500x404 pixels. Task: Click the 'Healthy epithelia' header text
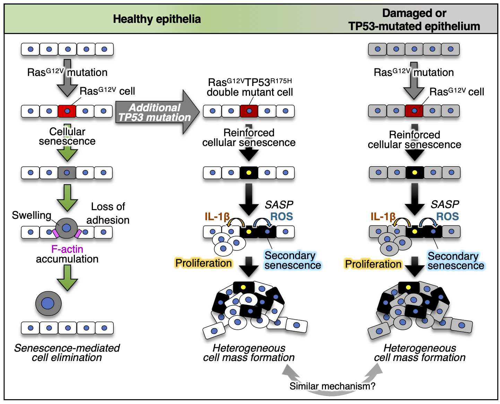(157, 19)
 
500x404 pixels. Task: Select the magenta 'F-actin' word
(67, 249)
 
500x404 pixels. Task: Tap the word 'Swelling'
(32, 215)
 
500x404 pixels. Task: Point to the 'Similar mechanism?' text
(332, 386)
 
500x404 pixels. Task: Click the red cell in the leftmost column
(67, 111)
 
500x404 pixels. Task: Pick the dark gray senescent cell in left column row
(67, 173)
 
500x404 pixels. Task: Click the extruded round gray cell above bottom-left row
(48, 303)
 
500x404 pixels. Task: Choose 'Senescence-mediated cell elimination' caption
(67, 353)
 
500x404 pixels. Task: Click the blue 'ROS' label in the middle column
(282, 217)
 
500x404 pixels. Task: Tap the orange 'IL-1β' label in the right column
(383, 217)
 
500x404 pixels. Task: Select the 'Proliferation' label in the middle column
(204, 263)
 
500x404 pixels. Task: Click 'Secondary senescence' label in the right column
(455, 261)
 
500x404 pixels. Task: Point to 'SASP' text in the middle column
(279, 205)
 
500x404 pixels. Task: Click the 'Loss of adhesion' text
(108, 213)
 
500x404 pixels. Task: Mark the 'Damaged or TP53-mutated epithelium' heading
(414, 20)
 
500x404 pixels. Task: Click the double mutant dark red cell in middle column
(249, 111)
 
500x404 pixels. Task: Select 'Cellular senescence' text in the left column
(67, 136)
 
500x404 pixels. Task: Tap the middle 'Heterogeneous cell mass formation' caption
(249, 353)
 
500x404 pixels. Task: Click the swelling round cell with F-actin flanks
(66, 228)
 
